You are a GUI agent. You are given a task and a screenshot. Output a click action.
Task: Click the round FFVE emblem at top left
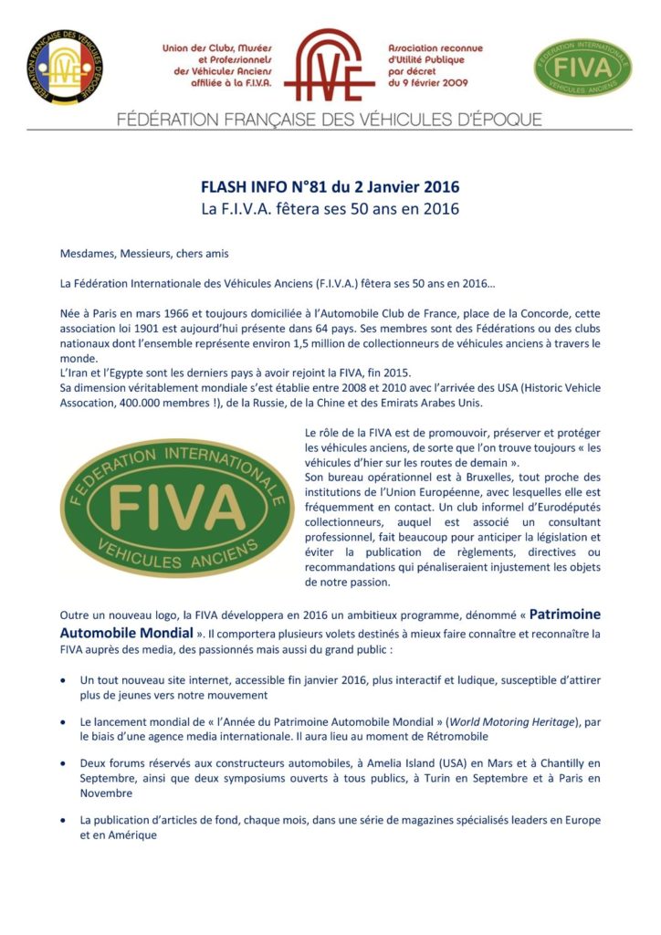pos(64,67)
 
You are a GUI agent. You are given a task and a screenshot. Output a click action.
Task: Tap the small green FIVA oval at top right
pos(582,68)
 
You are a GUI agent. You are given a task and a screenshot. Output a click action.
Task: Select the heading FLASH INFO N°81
pos(330,187)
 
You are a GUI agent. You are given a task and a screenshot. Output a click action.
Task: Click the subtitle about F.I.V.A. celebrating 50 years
pos(330,209)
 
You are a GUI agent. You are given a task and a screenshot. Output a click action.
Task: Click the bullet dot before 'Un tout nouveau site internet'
pos(62,681)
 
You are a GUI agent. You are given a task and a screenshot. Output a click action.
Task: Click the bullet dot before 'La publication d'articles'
pos(62,820)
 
